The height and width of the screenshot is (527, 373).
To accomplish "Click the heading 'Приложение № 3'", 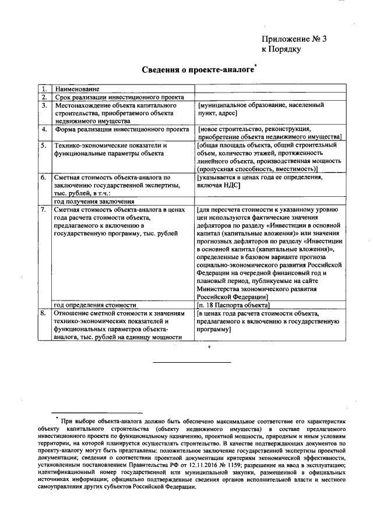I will coord(294,39).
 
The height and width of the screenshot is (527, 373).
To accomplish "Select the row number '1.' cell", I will coord(44,89).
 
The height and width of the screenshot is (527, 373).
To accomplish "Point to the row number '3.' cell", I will coord(44,105).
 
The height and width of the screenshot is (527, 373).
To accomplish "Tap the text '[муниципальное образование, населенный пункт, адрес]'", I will coord(261,109).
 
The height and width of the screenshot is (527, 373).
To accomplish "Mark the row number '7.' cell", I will coord(44,209).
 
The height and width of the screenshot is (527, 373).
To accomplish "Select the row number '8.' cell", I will coord(44,313).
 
